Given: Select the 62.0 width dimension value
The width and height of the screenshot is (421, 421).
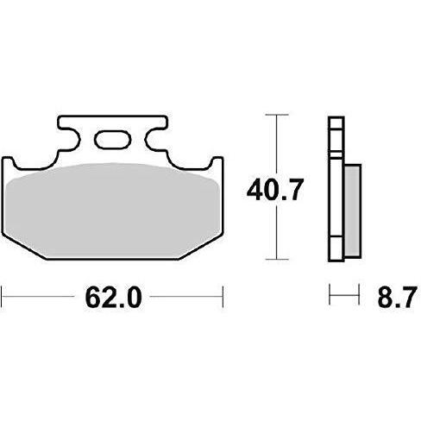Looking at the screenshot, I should point(113,298).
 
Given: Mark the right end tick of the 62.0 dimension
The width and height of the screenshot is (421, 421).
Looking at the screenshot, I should point(223,298).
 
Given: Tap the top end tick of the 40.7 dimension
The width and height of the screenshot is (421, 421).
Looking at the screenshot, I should point(275,114).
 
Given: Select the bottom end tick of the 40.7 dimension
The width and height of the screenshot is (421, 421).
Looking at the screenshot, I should point(275,258).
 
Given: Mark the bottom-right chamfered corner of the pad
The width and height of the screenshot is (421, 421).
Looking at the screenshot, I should point(202,247).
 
